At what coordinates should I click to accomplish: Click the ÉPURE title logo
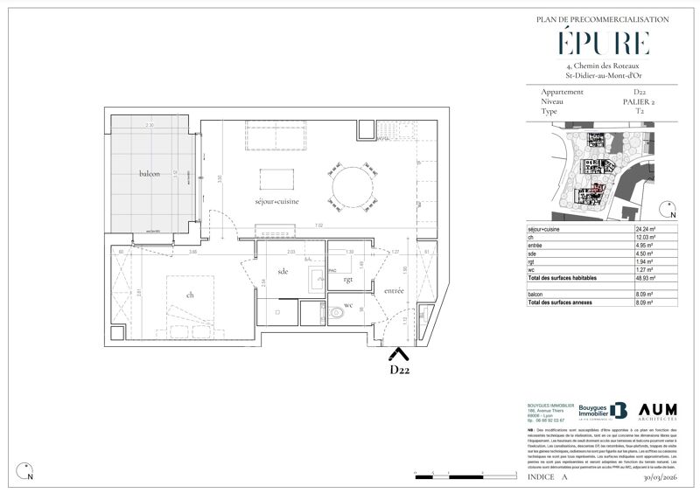point(603,43)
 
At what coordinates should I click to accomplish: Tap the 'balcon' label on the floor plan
point(150,175)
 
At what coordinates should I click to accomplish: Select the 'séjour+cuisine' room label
point(276,202)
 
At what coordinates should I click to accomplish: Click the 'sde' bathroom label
point(282,271)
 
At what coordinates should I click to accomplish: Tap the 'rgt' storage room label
point(347,280)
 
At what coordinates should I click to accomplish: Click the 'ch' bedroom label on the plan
point(191,295)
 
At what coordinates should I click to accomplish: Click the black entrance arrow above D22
point(398,354)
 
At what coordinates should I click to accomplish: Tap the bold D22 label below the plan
point(399,370)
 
